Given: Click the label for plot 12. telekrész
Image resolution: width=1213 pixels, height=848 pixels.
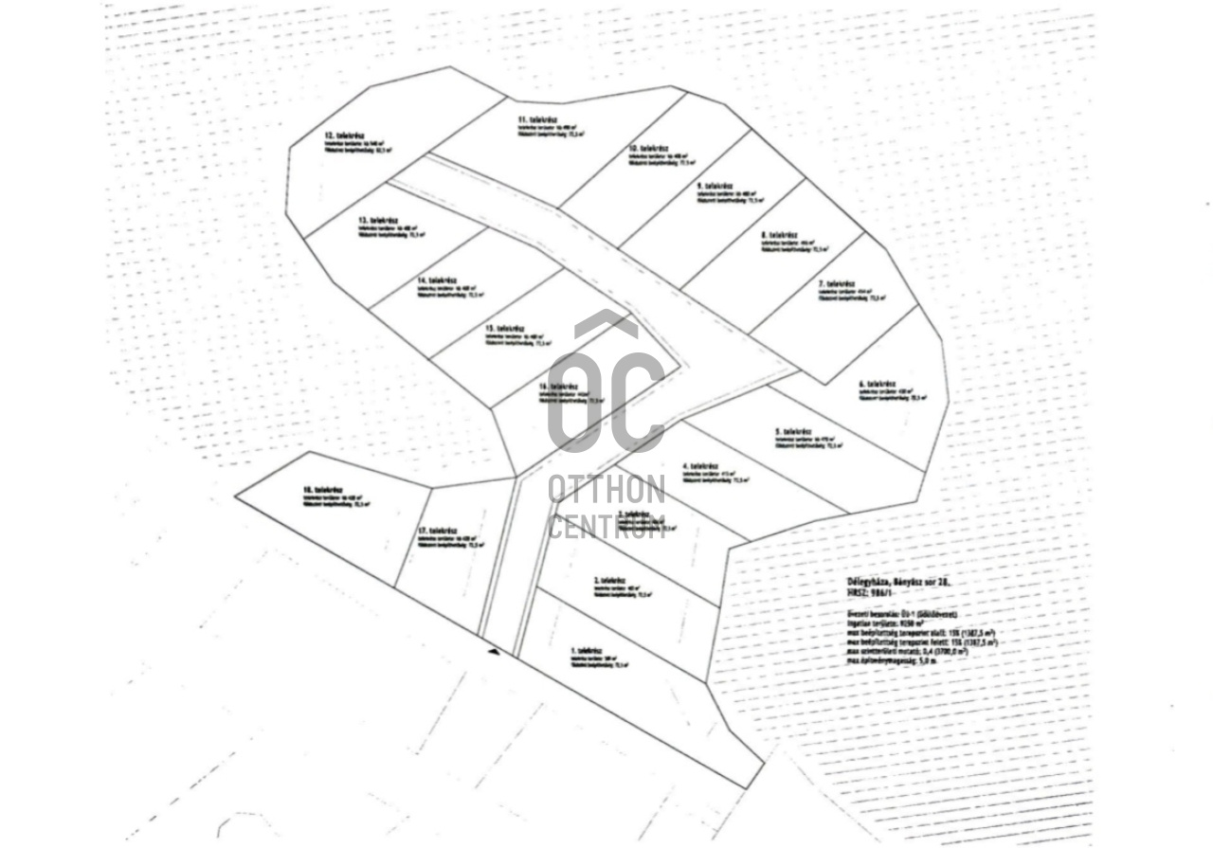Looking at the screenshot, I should [339, 136].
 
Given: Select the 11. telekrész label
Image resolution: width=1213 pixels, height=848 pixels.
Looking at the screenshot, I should [535, 120].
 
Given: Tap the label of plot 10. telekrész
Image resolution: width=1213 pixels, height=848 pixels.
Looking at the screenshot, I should [649, 150].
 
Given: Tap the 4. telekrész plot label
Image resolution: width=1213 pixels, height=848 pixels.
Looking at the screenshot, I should [701, 466].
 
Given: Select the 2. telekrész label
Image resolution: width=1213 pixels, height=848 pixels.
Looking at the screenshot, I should [611, 580].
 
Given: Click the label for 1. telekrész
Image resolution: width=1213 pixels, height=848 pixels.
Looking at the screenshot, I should [588, 651].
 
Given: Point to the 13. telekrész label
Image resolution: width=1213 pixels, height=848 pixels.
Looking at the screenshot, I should [376, 220].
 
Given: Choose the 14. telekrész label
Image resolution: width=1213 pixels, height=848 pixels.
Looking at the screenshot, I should [437, 280].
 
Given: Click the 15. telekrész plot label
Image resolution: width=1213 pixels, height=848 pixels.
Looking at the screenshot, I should [504, 329].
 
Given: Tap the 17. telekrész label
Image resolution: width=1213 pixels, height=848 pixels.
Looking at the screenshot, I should [438, 531].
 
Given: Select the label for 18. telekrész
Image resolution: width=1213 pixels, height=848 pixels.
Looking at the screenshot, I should [321, 491].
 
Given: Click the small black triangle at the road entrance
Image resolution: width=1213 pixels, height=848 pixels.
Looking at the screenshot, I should [492, 651].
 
